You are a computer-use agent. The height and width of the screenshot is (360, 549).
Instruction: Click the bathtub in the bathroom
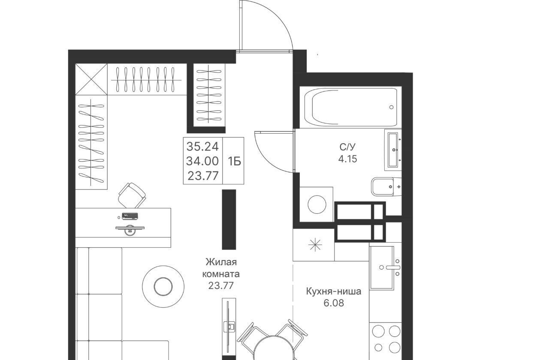pos(351,107)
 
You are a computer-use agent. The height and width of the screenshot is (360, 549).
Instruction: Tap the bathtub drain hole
pos(391,107)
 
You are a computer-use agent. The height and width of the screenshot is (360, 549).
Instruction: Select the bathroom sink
pos(393,150)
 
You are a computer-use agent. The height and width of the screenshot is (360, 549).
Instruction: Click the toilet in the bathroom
pos(386,186)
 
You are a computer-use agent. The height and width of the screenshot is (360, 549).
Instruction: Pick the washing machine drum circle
pos(317,204)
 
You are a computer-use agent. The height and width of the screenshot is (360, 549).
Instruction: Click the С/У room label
pos(347,147)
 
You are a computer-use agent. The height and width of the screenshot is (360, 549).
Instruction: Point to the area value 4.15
pos(347,159)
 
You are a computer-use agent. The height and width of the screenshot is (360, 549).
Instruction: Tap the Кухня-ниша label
pos(334,291)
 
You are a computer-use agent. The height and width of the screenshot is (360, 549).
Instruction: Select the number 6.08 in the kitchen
pos(334,303)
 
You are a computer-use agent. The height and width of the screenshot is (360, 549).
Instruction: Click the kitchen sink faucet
pos(393,267)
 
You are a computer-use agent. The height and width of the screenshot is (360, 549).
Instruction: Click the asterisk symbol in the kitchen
pos(315,245)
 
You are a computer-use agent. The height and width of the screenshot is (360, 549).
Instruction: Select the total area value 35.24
pos(202,147)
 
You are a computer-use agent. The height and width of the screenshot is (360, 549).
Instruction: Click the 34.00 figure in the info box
pos(202,161)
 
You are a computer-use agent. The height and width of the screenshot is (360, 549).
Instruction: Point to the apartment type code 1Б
pos(234,162)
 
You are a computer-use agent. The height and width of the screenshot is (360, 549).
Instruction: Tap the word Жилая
pos(221,262)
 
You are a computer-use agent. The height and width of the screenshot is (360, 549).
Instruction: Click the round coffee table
pos(163,286)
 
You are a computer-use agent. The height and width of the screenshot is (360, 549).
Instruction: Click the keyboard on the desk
pos(130,216)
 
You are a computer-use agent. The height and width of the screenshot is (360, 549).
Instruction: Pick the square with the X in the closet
pos(91,79)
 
